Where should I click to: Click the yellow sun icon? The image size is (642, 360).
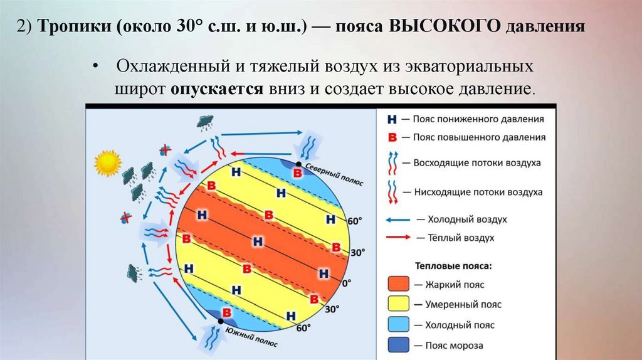tap(107, 162)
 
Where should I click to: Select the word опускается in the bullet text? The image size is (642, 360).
tap(216, 88)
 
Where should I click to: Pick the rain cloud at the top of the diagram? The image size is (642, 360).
tap(204, 122)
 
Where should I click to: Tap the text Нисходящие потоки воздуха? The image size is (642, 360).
tap(478, 192)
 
